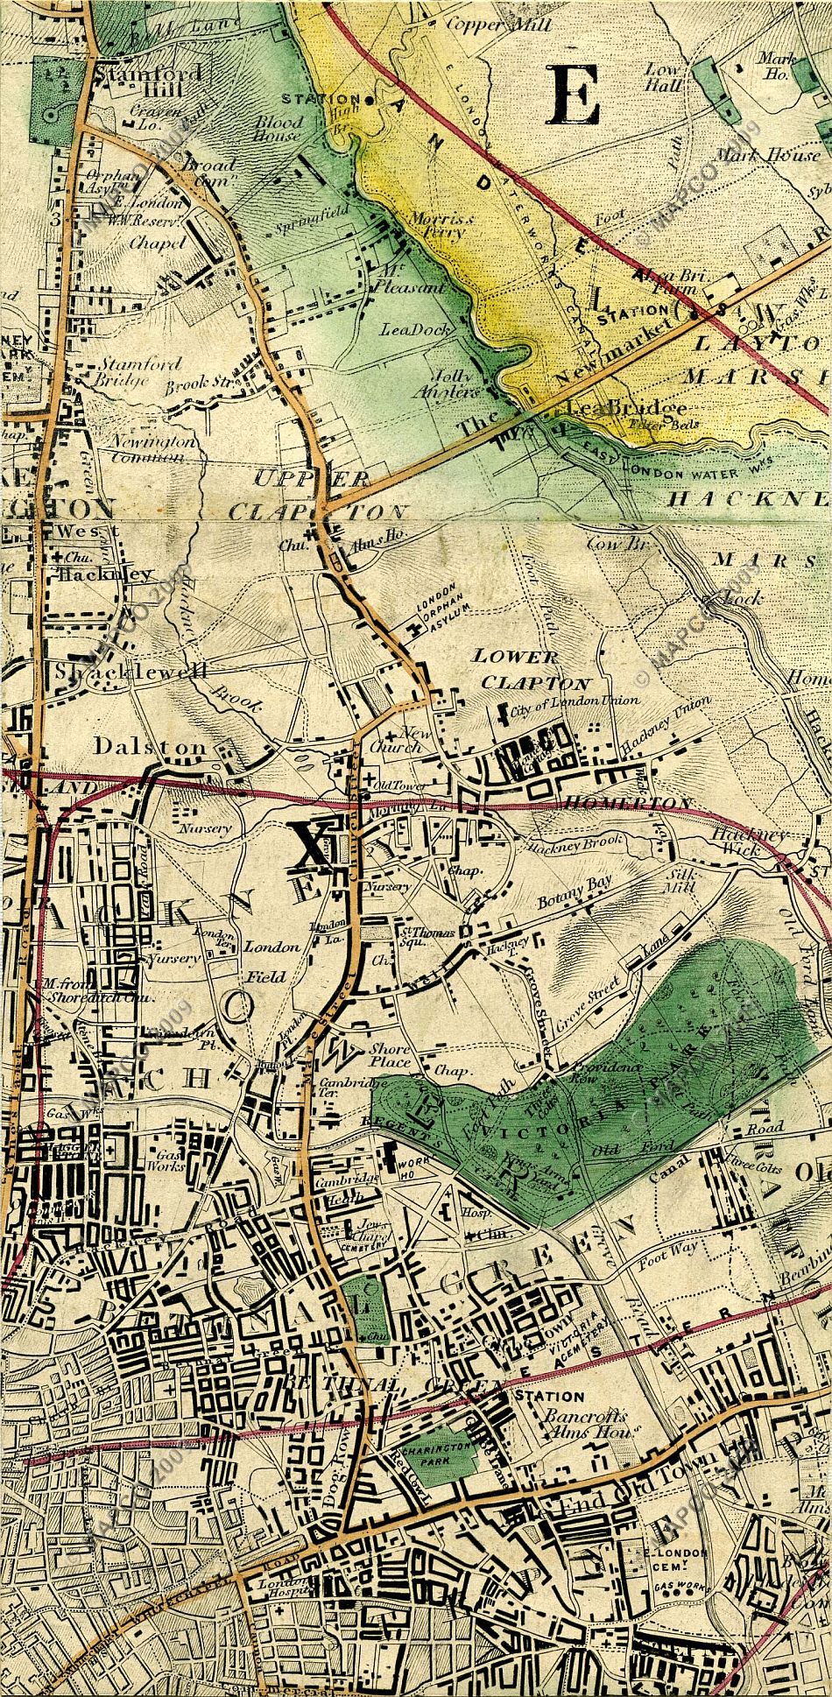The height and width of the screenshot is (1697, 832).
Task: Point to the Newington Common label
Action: [x=153, y=448]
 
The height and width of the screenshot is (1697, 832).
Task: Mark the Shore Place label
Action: [x=390, y=1055]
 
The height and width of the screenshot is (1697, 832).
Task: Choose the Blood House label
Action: [x=279, y=129]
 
